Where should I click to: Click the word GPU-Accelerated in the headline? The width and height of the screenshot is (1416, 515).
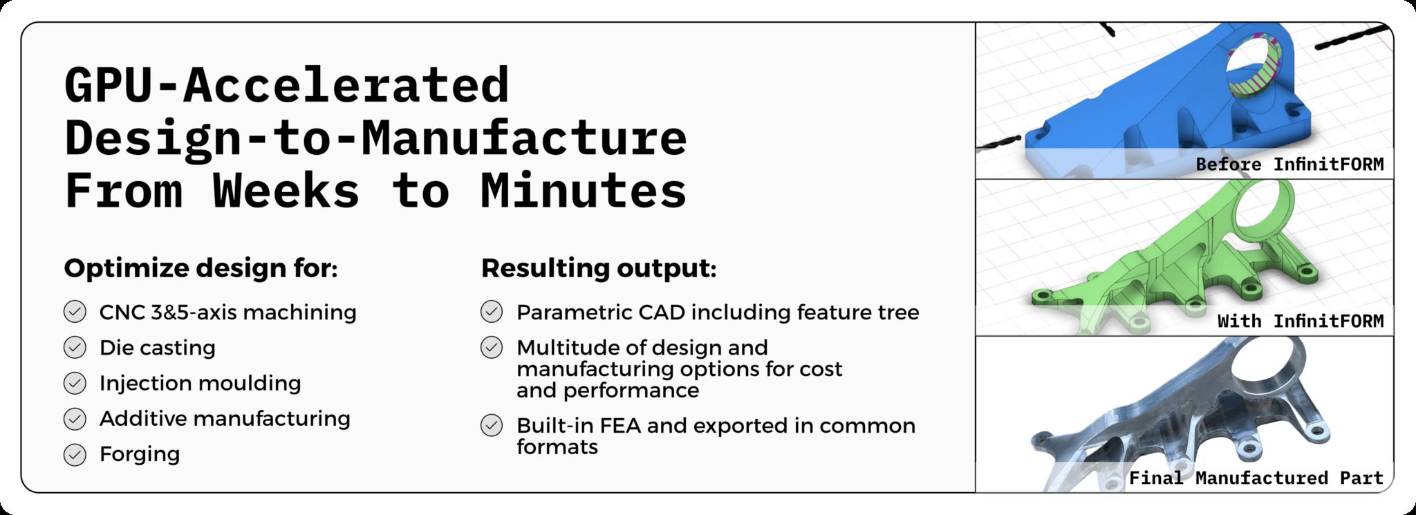pyautogui.click(x=287, y=85)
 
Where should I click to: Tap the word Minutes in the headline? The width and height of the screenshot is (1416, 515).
pyautogui.click(x=583, y=190)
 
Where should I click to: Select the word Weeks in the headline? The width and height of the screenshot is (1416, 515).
pyautogui.click(x=286, y=190)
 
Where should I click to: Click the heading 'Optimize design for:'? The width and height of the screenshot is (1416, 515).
pyautogui.click(x=201, y=268)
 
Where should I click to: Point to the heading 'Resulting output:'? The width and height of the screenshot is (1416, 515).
pyautogui.click(x=599, y=268)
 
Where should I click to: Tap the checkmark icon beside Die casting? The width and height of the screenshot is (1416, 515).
pyautogui.click(x=75, y=348)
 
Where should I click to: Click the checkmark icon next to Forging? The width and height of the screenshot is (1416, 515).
pyautogui.click(x=75, y=454)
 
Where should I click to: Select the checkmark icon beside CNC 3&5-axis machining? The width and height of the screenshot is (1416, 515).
pyautogui.click(x=75, y=312)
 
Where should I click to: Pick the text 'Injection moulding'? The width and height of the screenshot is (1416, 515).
pyautogui.click(x=201, y=383)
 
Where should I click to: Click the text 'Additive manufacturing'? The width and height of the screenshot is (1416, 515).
pyautogui.click(x=225, y=418)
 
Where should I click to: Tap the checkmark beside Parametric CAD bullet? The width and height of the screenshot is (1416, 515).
pyautogui.click(x=492, y=312)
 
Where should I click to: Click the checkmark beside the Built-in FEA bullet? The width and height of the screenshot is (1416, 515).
pyautogui.click(x=492, y=425)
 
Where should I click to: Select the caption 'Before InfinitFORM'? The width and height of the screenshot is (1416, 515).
pyautogui.click(x=1289, y=165)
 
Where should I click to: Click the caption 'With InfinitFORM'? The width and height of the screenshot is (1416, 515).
pyautogui.click(x=1301, y=321)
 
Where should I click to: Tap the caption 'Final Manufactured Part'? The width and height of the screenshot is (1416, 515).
pyautogui.click(x=1256, y=478)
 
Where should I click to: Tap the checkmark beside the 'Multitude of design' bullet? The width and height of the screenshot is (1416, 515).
pyautogui.click(x=492, y=348)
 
